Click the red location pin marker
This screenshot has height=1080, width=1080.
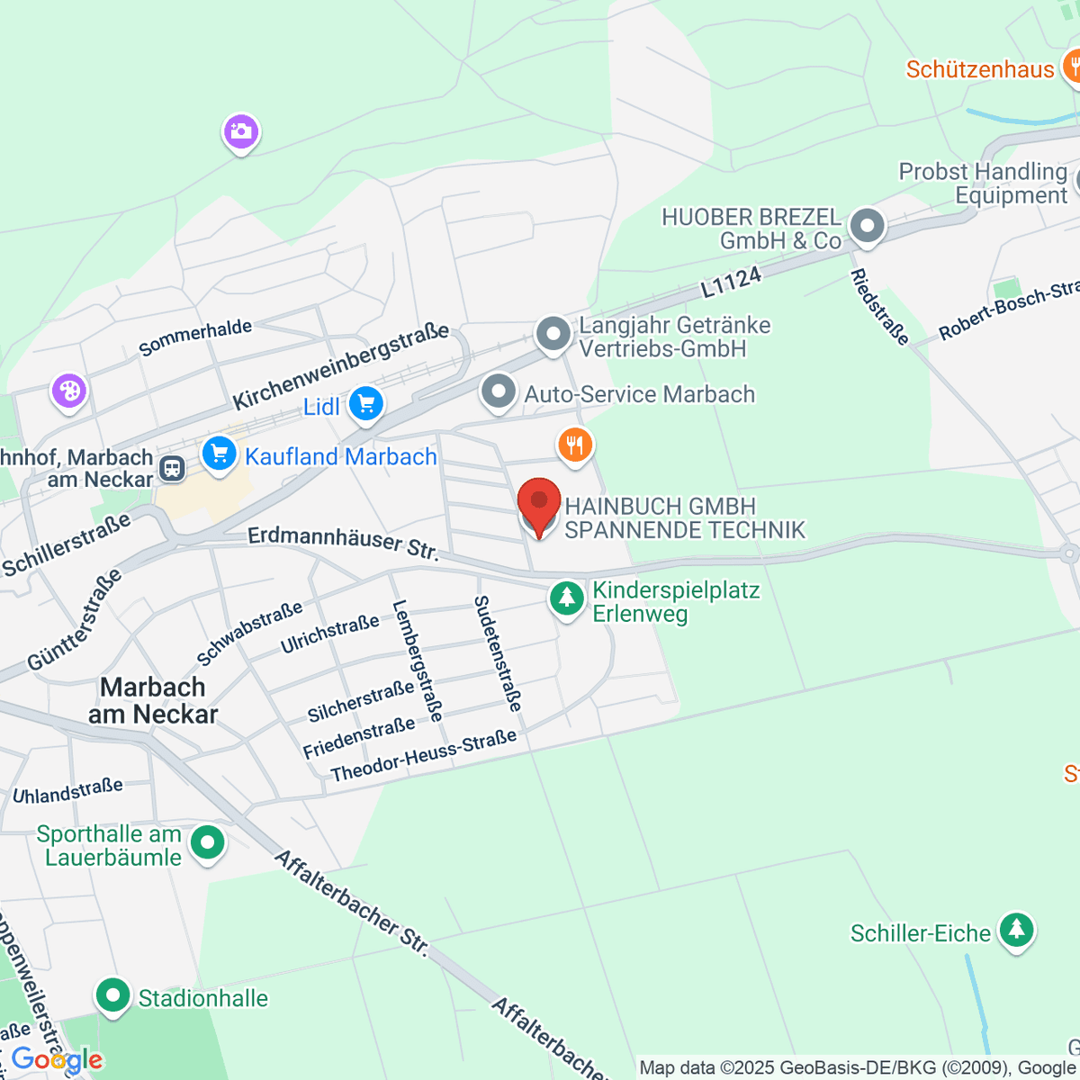click(539, 504)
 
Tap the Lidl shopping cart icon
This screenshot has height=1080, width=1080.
click(365, 404)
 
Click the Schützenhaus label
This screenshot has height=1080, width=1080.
click(979, 69)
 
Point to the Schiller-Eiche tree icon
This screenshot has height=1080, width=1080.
click(1016, 931)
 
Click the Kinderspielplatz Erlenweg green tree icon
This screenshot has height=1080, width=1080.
click(567, 598)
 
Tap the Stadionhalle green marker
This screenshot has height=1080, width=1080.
click(113, 996)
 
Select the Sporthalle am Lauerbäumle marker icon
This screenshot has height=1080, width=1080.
click(209, 843)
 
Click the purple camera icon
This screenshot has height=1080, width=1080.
click(240, 132)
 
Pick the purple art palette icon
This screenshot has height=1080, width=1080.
click(68, 391)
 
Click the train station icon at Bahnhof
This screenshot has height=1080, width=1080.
click(172, 468)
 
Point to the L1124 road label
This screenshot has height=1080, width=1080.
click(731, 283)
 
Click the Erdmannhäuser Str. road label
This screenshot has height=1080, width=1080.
click(343, 543)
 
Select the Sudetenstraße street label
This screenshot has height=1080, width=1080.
click(498, 653)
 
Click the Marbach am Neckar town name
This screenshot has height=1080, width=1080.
click(153, 700)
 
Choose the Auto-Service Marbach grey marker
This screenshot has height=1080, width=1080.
click(498, 392)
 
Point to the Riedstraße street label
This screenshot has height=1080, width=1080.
click(879, 306)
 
